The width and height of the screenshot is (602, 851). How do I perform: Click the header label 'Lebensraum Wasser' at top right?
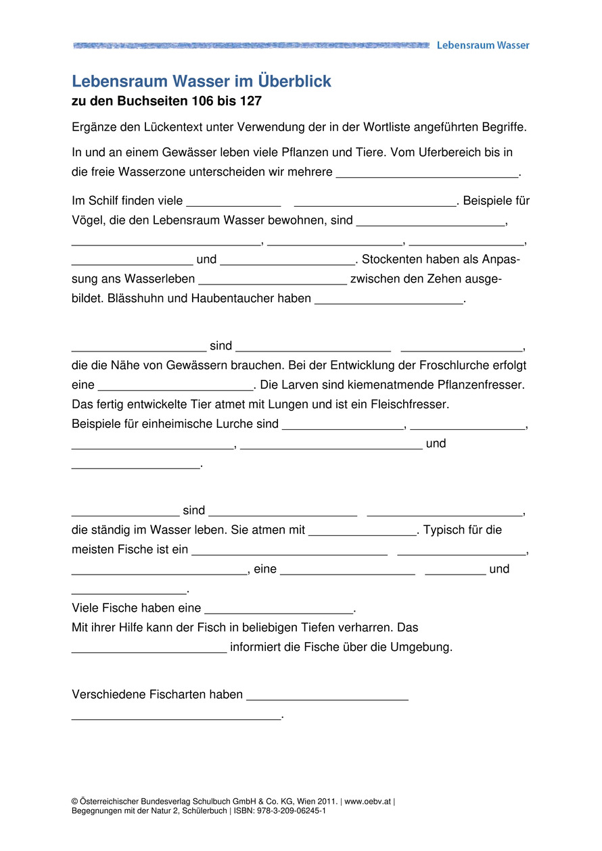[483, 45]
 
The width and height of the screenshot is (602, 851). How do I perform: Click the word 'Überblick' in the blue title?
[295, 82]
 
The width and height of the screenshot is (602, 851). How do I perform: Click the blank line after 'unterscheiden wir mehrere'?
[427, 174]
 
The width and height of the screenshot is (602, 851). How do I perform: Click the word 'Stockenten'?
[394, 260]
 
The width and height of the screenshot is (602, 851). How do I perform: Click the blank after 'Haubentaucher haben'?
[389, 301]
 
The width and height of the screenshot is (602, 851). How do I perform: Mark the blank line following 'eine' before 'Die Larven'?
[176, 388]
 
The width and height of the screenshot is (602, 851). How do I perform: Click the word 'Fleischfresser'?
[412, 405]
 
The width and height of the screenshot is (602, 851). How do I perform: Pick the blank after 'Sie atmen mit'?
[363, 533]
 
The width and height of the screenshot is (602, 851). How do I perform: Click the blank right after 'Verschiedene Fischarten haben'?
[327, 698]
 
